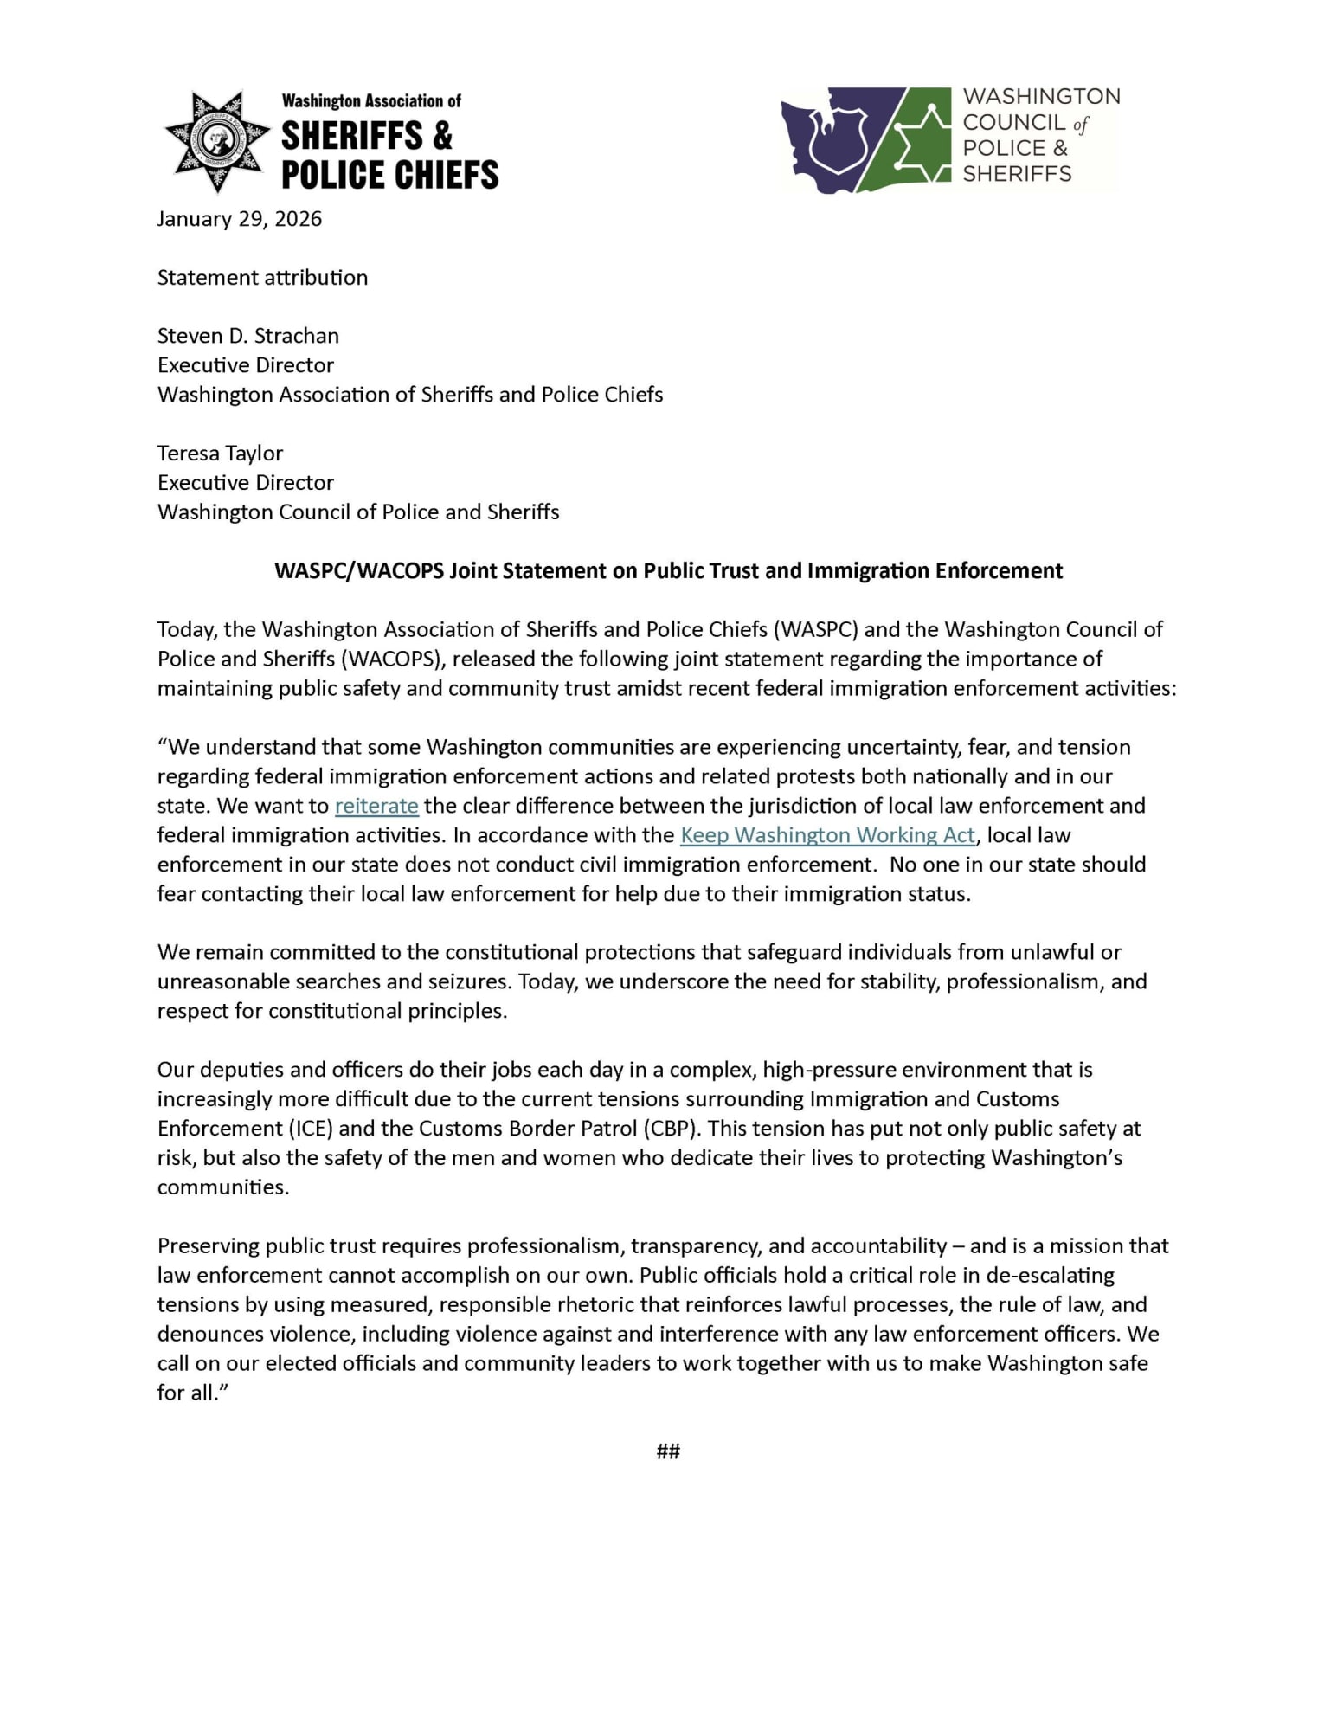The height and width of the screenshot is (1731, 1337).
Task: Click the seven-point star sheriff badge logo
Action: pos(217,140)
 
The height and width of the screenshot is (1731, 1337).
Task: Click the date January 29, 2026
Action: pos(239,219)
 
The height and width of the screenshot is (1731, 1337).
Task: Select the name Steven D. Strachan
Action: pos(247,336)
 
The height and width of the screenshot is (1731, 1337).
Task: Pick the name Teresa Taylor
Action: pos(220,454)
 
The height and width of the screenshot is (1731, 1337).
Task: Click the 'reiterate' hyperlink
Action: pos(376,806)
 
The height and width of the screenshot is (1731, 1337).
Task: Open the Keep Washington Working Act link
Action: pos(827,835)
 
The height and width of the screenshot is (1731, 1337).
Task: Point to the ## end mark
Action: pos(668,1451)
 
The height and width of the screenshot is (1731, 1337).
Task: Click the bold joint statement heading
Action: pos(668,571)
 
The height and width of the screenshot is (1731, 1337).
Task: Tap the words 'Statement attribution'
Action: pos(262,278)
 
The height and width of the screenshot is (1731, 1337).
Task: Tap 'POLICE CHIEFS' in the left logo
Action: pos(390,175)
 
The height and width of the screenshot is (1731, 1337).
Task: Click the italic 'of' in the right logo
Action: pos(1080,124)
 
